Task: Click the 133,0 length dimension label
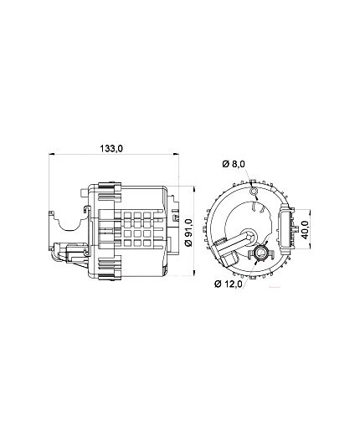(111, 148)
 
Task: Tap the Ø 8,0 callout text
(234, 164)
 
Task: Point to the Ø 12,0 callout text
(228, 284)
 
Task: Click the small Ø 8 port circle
(254, 191)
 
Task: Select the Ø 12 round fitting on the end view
(261, 253)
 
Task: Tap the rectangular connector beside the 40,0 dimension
(286, 228)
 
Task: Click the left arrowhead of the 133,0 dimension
(51, 154)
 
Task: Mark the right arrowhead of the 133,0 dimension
(176, 154)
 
